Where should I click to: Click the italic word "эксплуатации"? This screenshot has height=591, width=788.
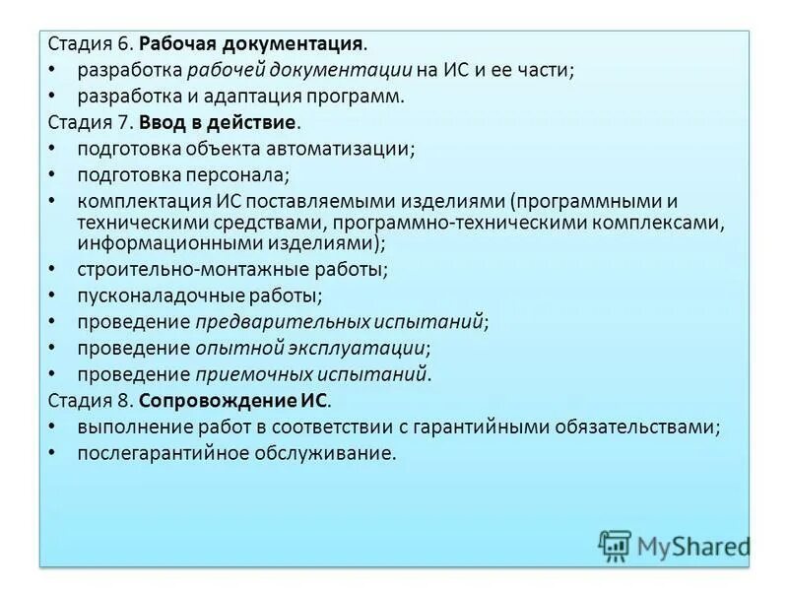click(371, 348)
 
